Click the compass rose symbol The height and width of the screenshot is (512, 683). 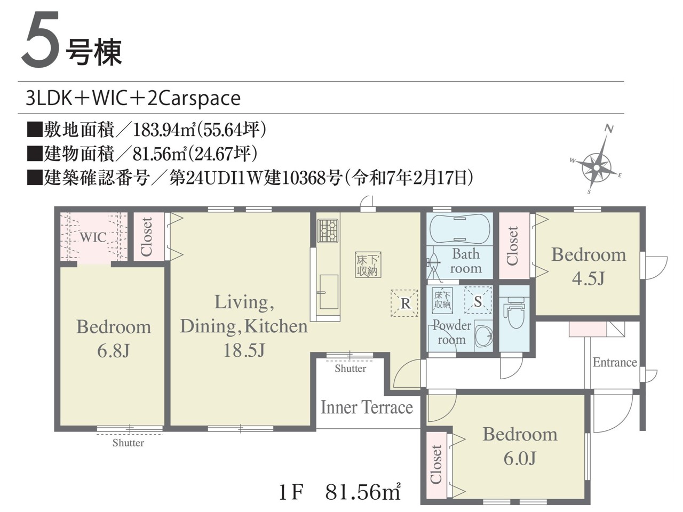point(596,167)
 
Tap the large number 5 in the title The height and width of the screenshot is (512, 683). point(41,39)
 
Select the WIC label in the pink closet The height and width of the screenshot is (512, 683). point(93,237)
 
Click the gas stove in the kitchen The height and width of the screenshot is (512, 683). point(328,230)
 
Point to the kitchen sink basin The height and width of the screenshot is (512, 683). point(329,292)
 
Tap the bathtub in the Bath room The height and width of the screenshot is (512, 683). point(459,229)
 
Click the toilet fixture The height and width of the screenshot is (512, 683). point(515,312)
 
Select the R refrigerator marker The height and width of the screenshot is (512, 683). point(404,303)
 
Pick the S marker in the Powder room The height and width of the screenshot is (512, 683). point(478,301)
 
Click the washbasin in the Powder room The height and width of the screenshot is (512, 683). point(483,337)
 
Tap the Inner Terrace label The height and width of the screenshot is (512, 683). point(367,407)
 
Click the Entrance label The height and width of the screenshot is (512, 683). point(615,362)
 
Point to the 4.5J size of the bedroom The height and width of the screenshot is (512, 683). point(588,278)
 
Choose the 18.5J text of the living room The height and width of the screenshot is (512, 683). point(244,350)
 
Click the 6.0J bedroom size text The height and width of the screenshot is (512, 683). point(520,458)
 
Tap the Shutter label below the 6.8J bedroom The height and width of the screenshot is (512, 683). point(128,443)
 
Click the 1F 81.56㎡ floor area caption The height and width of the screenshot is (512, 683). point(340,492)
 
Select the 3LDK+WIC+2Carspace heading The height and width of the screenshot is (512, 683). point(133,98)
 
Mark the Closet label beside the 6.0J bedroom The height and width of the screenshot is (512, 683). point(436,464)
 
